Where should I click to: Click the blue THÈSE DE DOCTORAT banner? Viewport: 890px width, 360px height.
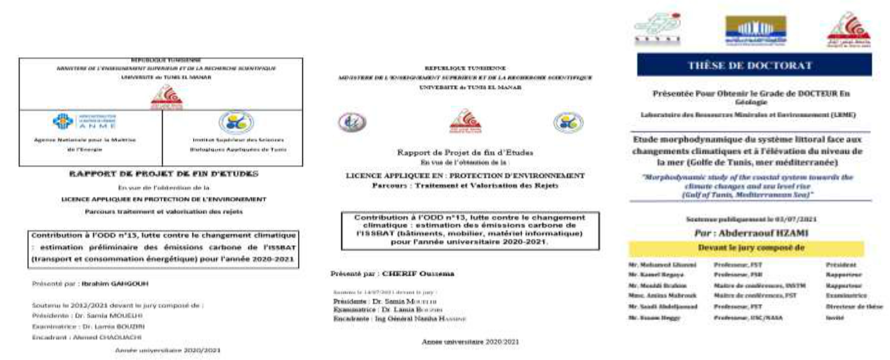(x=752, y=65)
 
